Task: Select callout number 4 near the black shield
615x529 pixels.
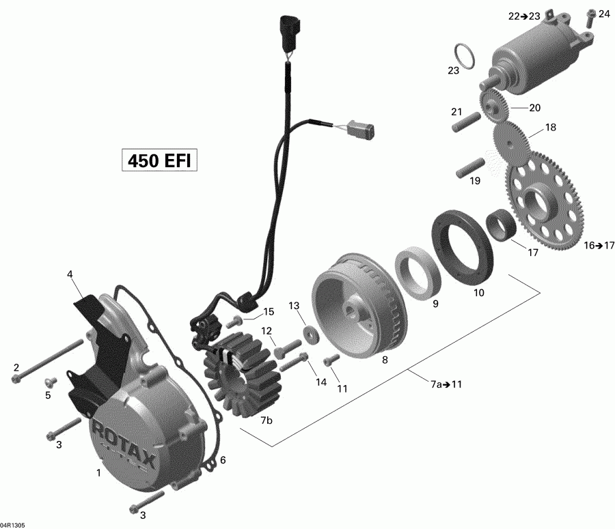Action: (70, 275)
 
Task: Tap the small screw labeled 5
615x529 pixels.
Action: (49, 381)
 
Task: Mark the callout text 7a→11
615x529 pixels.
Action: (446, 384)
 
